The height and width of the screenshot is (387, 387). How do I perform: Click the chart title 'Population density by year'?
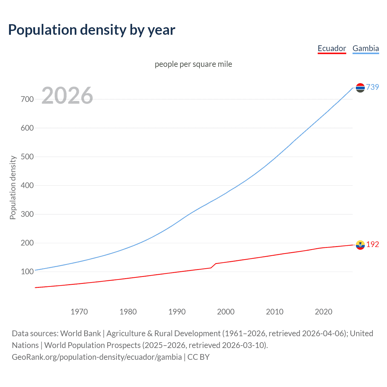(92, 30)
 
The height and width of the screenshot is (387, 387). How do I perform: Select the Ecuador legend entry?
(332, 49)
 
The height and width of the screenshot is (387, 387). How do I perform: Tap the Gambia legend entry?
(366, 49)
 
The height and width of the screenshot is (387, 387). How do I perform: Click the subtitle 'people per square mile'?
(193, 64)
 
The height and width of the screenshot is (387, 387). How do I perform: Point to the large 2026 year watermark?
(67, 96)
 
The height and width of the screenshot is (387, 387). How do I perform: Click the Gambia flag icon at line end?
(360, 88)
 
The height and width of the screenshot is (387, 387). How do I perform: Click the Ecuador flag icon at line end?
(360, 245)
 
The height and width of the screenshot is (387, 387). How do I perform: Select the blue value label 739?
(372, 87)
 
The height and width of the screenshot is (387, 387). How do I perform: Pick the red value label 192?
(372, 245)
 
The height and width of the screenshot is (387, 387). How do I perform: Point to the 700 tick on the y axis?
(27, 99)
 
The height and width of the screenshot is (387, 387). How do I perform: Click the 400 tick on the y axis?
(27, 185)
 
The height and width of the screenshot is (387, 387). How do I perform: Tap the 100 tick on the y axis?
(27, 272)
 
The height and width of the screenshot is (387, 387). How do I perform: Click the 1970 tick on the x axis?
(79, 312)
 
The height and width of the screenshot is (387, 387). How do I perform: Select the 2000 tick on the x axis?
(226, 312)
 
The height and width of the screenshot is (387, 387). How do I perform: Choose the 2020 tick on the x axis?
(324, 312)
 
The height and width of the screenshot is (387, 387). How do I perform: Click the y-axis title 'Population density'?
(13, 187)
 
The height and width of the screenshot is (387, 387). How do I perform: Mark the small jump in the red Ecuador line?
(213, 265)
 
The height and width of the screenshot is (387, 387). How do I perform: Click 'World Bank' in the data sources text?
(80, 333)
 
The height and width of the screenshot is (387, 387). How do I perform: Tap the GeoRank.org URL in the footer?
(97, 357)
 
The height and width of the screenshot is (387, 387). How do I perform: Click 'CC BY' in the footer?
(198, 357)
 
